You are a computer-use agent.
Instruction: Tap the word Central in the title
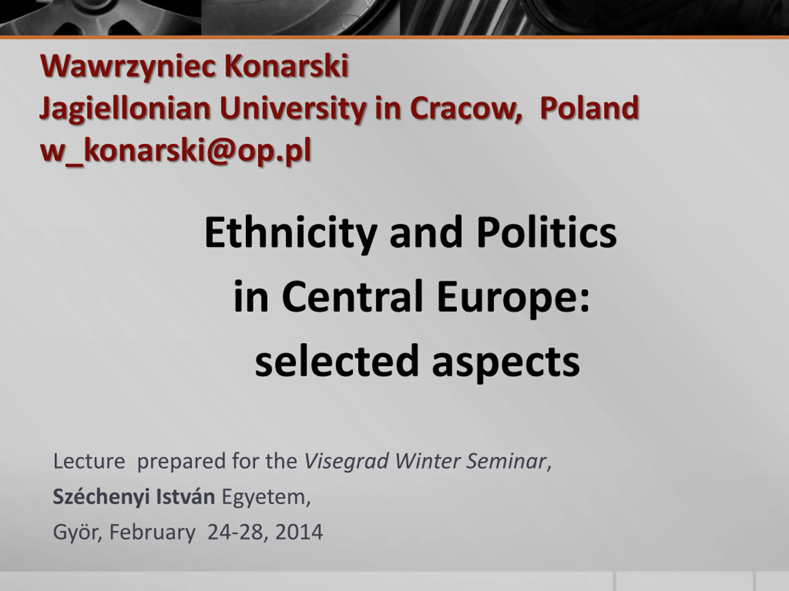click(x=352, y=296)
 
